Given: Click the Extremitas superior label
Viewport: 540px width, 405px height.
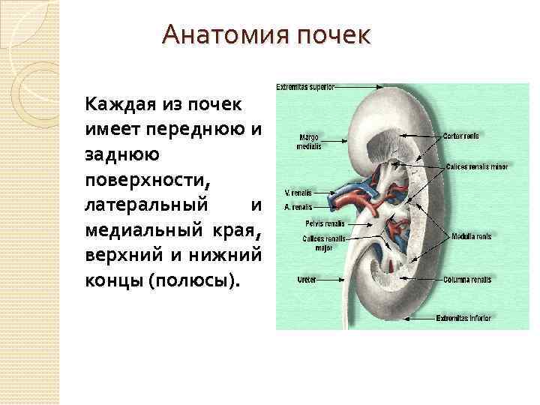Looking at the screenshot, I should tap(304, 86).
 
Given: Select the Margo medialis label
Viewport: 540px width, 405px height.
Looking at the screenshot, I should tap(308, 142).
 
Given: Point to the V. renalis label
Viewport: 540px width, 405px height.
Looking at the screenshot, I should tap(298, 193).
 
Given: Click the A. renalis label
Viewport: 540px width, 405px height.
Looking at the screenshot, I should tap(298, 206).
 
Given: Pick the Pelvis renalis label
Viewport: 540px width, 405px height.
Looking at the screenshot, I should tap(325, 223).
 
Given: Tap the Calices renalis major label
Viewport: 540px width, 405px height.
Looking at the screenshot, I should tap(323, 243).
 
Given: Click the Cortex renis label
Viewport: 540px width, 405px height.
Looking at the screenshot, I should tap(460, 136).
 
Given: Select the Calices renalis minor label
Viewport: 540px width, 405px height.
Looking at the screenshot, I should tap(471, 166).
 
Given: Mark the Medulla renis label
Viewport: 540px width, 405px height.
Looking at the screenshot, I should tap(471, 236).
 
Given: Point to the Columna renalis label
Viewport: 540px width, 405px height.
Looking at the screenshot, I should tap(466, 280).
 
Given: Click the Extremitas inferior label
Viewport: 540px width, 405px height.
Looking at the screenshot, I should tap(463, 318).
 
